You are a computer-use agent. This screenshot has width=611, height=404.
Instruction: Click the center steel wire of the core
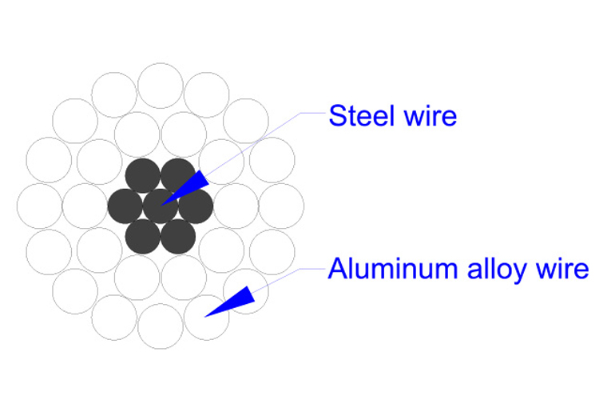coord(161,206)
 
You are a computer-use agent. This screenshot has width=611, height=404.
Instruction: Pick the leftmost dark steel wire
coord(125,206)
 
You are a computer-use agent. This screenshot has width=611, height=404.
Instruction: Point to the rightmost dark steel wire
coord(196,206)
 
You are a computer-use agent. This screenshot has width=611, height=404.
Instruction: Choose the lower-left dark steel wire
coord(143,236)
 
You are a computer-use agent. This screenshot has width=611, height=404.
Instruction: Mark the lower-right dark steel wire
coord(178,236)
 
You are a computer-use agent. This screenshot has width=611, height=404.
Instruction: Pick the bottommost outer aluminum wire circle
coord(161,326)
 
